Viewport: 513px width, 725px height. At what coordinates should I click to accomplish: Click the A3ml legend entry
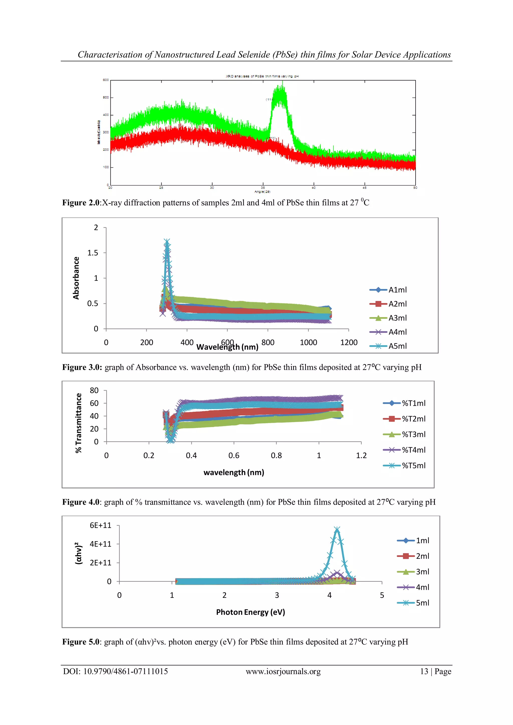(397, 318)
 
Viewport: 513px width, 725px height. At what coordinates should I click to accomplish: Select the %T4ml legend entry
(413, 450)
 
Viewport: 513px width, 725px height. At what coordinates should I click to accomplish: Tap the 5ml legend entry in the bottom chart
(422, 603)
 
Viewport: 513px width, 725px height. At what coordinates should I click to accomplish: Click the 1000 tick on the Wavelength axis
(308, 343)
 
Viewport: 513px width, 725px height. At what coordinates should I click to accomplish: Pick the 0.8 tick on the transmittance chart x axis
(276, 455)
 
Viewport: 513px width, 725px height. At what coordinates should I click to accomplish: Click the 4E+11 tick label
(100, 544)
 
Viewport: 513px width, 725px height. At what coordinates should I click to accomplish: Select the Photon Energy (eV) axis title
(250, 612)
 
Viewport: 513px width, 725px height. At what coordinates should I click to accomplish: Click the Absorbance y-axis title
(76, 278)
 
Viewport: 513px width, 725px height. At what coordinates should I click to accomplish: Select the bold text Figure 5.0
(81, 642)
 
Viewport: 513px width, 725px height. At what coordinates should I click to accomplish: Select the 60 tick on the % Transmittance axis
(94, 403)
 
